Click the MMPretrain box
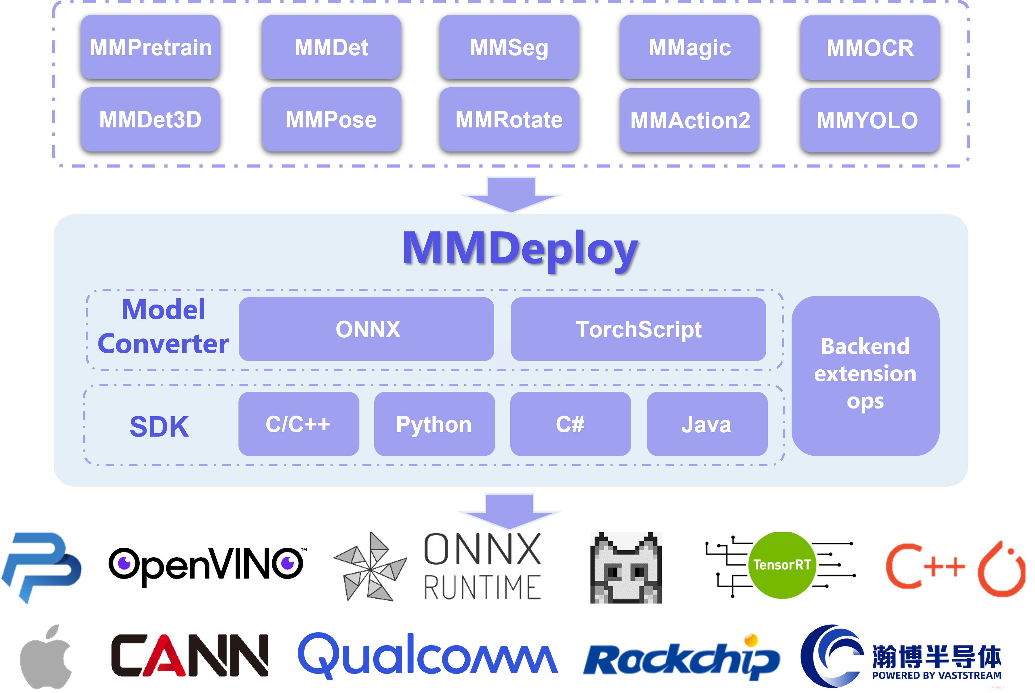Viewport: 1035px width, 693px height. [150, 47]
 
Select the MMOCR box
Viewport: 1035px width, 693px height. [870, 48]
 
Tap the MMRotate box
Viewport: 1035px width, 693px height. [509, 119]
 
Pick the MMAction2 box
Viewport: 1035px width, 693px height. [689, 120]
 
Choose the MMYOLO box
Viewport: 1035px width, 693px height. [870, 120]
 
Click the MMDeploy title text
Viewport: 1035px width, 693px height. [520, 250]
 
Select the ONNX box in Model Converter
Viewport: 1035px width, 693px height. [366, 329]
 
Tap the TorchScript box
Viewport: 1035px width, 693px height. [639, 329]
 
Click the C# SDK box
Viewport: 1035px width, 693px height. [570, 424]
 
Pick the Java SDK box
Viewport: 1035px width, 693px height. [707, 424]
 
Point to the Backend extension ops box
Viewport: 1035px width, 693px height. [865, 376]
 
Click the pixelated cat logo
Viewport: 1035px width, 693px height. [626, 568]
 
